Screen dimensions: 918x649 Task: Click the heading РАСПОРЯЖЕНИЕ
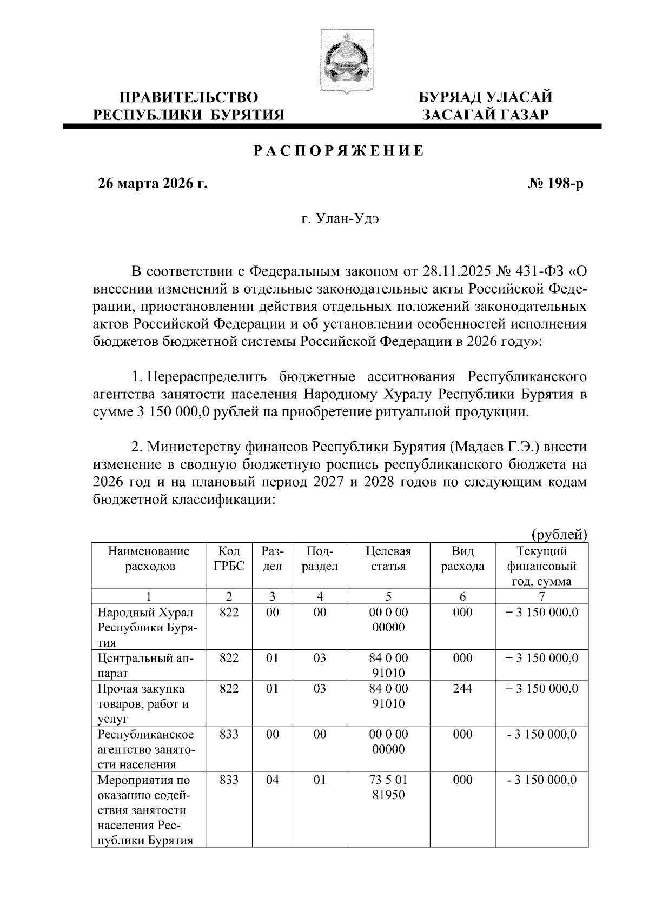(339, 151)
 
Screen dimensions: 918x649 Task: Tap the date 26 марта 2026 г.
(152, 184)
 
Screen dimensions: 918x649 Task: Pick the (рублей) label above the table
(559, 535)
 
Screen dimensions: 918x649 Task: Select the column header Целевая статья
(388, 559)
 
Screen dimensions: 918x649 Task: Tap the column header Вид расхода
(462, 559)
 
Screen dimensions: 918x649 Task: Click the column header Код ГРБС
(229, 559)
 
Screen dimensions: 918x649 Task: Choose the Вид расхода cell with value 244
(462, 689)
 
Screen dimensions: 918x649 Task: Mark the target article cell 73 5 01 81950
(388, 788)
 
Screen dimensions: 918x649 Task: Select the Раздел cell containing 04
(273, 780)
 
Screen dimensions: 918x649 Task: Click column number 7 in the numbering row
(541, 597)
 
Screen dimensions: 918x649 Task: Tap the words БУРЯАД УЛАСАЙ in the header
(486, 97)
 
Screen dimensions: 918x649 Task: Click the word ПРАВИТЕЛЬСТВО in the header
(189, 97)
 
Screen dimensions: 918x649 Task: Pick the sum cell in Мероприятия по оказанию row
(541, 780)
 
